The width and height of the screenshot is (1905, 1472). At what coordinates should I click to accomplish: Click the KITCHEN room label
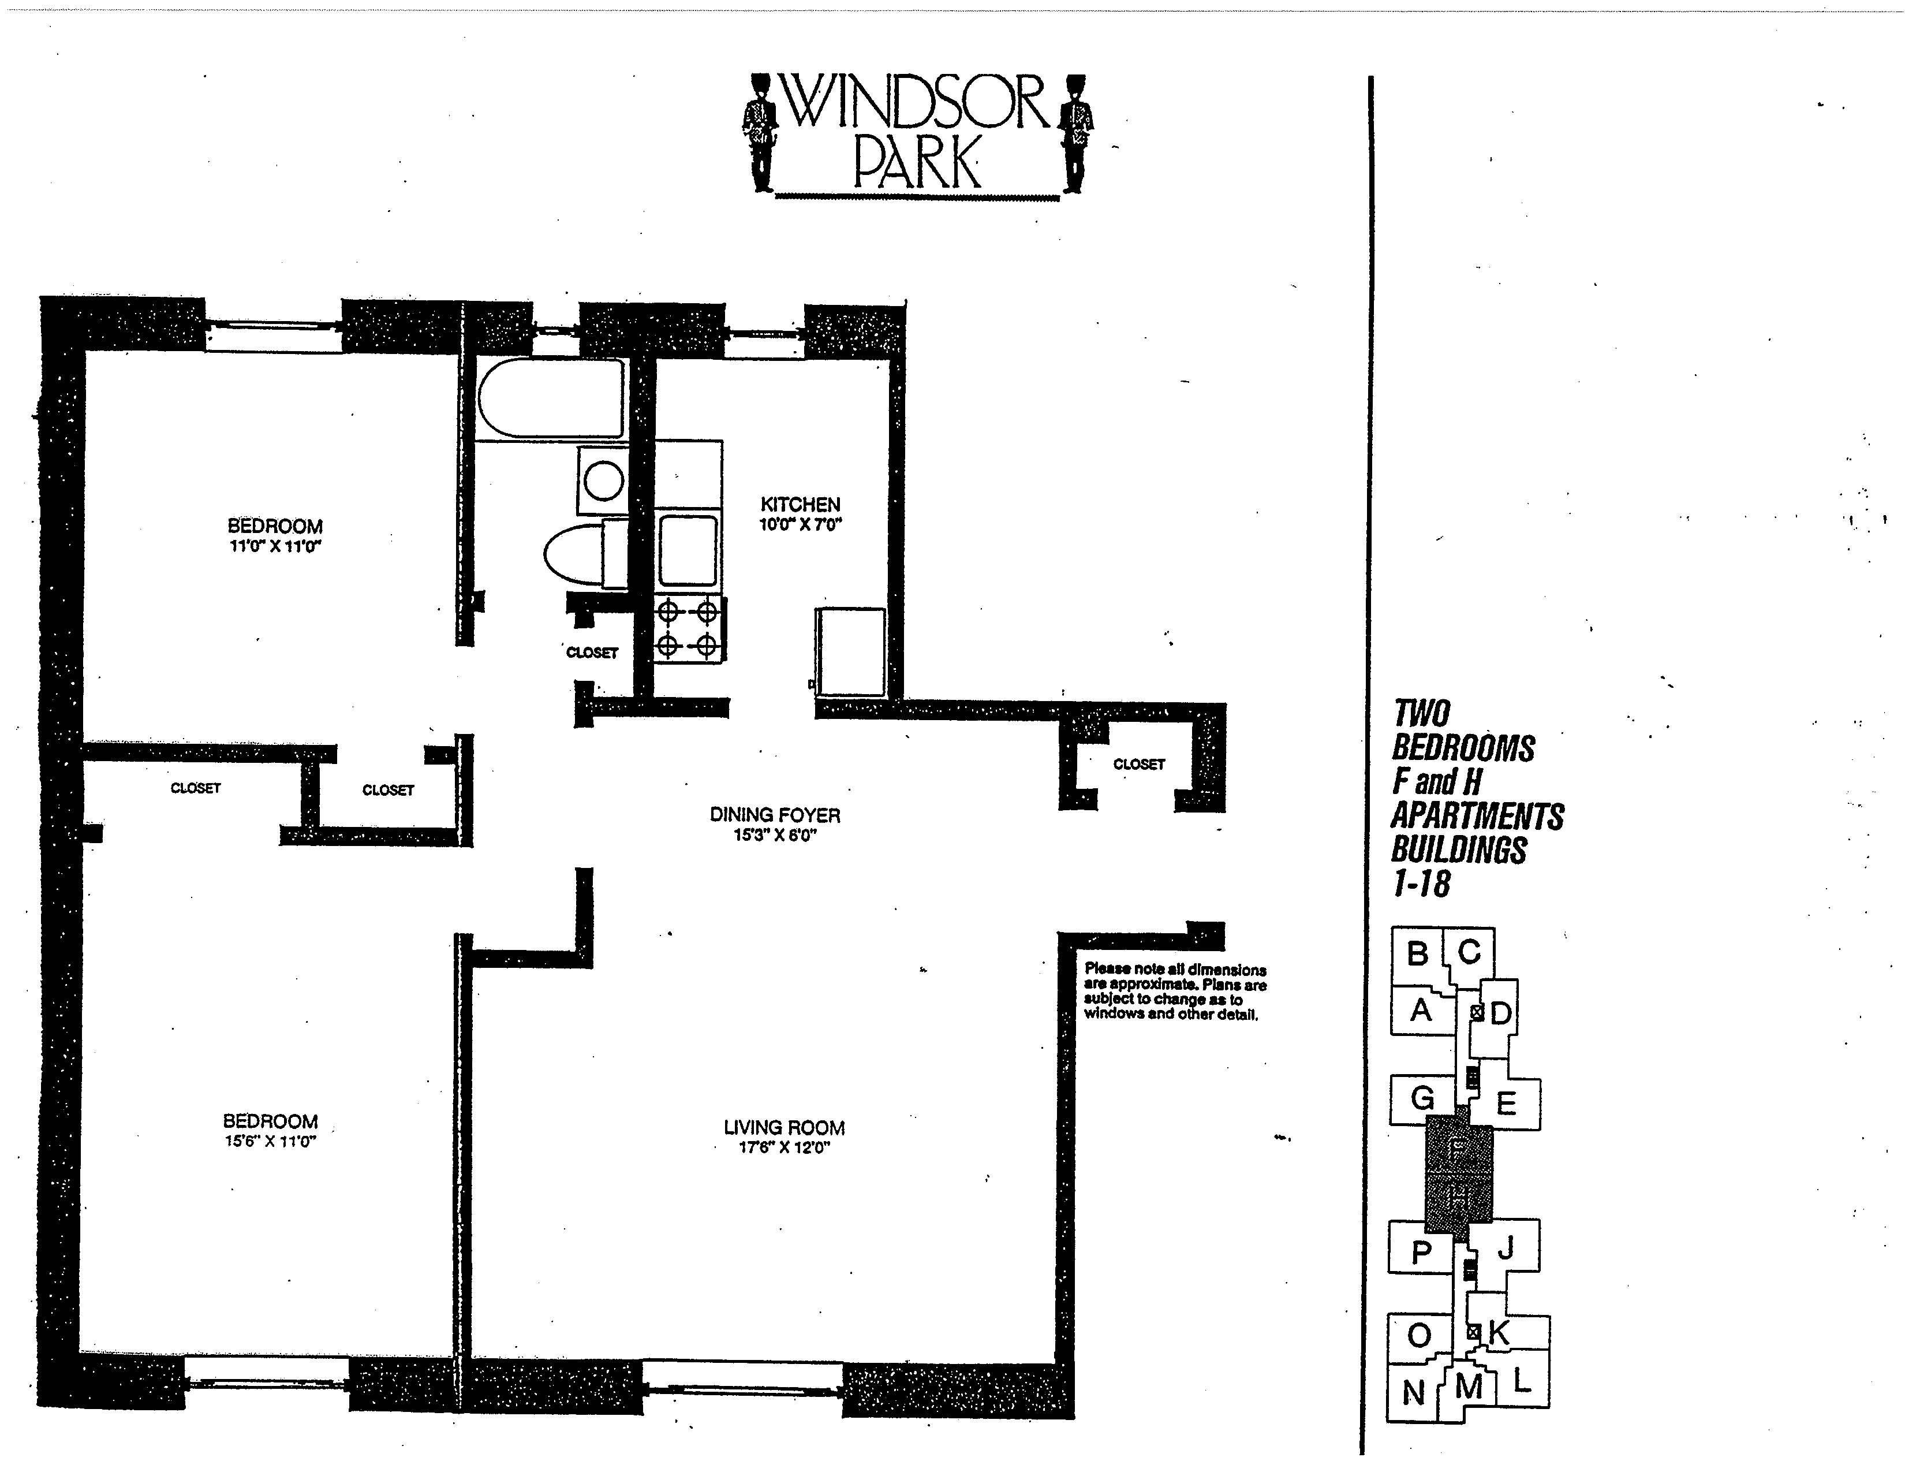coord(800,504)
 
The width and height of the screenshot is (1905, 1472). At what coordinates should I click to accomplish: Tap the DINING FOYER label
coord(775,815)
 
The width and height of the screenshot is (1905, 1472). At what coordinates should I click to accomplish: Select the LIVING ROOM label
coord(783,1127)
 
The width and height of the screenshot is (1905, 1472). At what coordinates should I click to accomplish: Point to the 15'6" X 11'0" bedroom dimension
coord(270,1141)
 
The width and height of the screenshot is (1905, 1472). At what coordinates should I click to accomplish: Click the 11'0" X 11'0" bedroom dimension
coord(275,546)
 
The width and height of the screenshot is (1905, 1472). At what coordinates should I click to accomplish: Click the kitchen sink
coord(688,550)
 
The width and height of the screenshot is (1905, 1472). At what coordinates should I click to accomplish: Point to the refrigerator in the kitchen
coord(850,652)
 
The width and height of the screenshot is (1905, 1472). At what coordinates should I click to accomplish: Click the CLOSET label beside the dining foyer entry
coord(1138,765)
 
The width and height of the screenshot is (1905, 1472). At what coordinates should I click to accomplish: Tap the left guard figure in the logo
coord(761,133)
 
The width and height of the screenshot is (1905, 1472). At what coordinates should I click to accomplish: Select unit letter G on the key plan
coord(1422,1098)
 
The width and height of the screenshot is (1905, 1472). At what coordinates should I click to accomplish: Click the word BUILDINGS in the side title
coord(1459,849)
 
